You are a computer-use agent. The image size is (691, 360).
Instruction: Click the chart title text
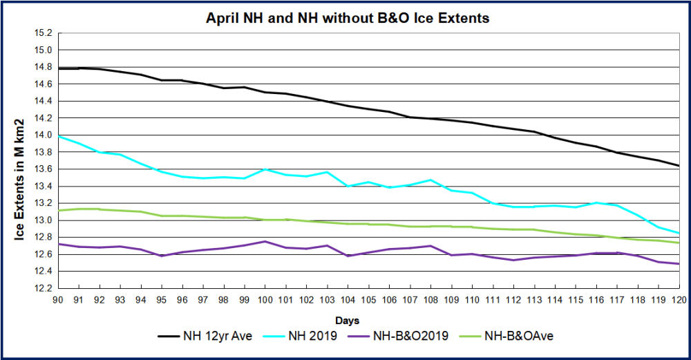[348, 19]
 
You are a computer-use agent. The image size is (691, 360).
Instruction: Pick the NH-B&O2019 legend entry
[408, 336]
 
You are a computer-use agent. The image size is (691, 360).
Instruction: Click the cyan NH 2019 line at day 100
[265, 169]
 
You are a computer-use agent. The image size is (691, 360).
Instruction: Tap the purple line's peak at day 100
[265, 241]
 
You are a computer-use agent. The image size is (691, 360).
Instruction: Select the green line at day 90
[58, 210]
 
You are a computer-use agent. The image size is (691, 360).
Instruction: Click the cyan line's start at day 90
[58, 137]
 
